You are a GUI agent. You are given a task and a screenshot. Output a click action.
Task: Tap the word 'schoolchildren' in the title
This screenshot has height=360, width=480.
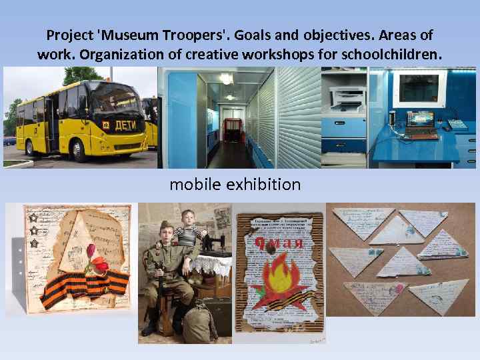(x=391, y=53)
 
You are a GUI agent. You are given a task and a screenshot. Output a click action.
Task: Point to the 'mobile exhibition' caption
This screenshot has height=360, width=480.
(x=235, y=184)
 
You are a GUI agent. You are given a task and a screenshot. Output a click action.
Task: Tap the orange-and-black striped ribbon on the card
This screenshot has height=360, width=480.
(x=83, y=287)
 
